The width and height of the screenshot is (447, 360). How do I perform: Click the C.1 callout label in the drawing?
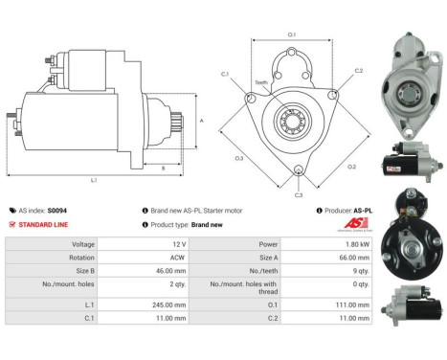[x=225, y=73]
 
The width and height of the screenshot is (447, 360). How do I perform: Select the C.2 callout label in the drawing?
[x=359, y=71]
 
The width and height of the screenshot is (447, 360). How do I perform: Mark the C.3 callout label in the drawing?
[x=299, y=194]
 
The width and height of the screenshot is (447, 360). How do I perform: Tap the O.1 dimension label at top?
[x=291, y=35]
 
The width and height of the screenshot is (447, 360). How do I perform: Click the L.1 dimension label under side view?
[x=93, y=180]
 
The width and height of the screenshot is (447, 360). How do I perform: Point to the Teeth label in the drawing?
[x=260, y=82]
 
